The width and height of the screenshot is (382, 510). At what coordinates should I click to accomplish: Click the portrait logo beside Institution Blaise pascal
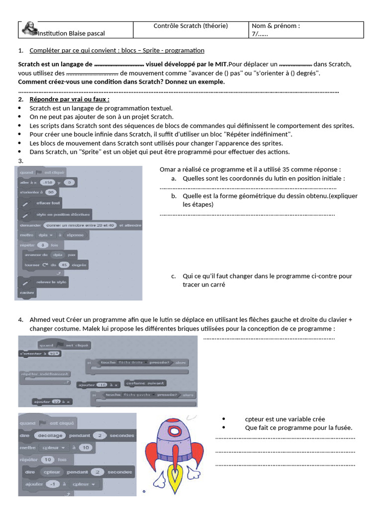click(x=28, y=30)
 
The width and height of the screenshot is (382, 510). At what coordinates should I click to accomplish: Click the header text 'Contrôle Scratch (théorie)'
click(x=191, y=26)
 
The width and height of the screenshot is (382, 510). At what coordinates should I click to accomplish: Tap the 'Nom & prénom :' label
click(x=276, y=26)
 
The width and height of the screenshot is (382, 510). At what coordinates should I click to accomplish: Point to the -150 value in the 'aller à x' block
click(x=48, y=183)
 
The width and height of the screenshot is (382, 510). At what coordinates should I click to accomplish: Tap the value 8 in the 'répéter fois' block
click(x=43, y=245)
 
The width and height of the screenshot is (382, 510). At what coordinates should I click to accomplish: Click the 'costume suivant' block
click(x=145, y=383)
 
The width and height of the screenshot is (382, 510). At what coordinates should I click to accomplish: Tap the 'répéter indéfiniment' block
click(x=45, y=374)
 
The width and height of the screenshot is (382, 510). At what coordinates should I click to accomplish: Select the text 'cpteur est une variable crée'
click(x=285, y=419)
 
